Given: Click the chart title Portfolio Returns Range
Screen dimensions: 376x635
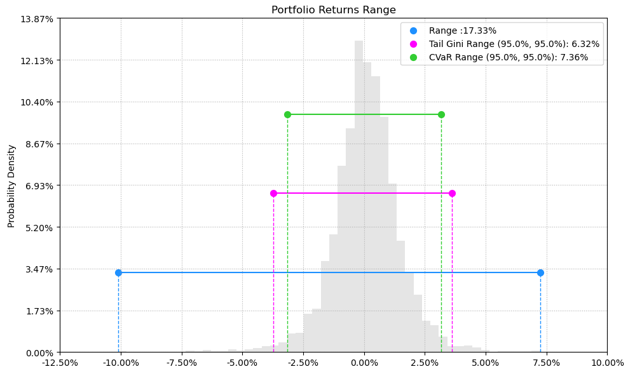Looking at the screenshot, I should click(x=333, y=10).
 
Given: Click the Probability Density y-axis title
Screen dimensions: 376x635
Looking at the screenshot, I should click(x=11, y=185).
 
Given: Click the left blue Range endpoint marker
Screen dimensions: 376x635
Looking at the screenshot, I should click(x=118, y=272).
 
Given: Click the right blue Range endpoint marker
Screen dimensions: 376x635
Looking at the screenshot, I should click(x=540, y=272).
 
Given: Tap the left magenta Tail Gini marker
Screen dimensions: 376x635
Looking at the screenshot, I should click(x=273, y=193).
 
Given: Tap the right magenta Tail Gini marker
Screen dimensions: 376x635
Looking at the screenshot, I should click(x=452, y=193).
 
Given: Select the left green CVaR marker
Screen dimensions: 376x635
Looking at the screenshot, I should click(x=287, y=114).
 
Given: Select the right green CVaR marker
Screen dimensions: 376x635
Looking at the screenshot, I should click(x=441, y=114).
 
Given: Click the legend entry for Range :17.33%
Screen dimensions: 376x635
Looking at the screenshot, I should click(x=462, y=30).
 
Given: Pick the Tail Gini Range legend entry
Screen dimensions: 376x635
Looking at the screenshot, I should click(x=514, y=44).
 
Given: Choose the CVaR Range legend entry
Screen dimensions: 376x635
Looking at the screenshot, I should click(x=508, y=58).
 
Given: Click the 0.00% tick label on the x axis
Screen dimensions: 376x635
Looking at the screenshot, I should click(x=364, y=363).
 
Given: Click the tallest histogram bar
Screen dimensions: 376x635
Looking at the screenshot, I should click(x=358, y=191).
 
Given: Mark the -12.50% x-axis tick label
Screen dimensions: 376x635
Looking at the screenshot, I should click(x=60, y=363).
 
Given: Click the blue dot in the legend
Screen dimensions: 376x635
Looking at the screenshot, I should click(x=414, y=30).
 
